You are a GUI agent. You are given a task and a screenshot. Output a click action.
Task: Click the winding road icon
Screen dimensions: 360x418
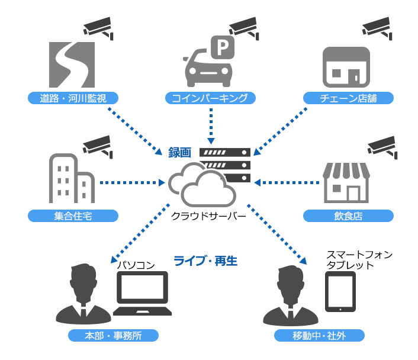(x=70, y=64)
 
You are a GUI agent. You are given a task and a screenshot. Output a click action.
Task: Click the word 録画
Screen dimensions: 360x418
(x=181, y=152)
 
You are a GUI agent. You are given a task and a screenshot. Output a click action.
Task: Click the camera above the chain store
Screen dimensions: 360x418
(x=378, y=27)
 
